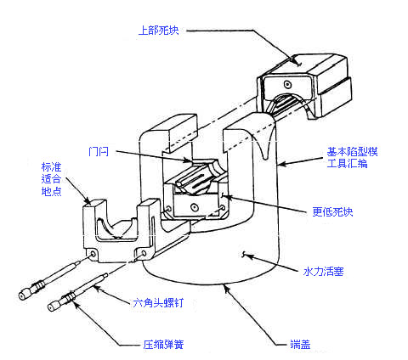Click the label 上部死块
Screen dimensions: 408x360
point(159,31)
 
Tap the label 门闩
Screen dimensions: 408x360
point(99,152)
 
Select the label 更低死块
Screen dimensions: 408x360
point(332,211)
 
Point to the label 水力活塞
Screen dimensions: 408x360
point(323,272)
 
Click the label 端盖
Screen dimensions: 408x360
point(300,344)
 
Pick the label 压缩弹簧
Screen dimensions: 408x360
point(163,345)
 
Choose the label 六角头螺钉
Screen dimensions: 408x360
point(158,303)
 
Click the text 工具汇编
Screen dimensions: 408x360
point(347,164)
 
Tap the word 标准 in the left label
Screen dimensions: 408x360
point(51,167)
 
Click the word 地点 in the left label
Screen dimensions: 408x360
point(51,191)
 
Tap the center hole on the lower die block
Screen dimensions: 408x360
point(194,207)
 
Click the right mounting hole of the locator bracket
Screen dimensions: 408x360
point(144,253)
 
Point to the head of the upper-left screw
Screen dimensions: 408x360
point(24,295)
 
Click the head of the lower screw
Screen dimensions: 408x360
point(54,307)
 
